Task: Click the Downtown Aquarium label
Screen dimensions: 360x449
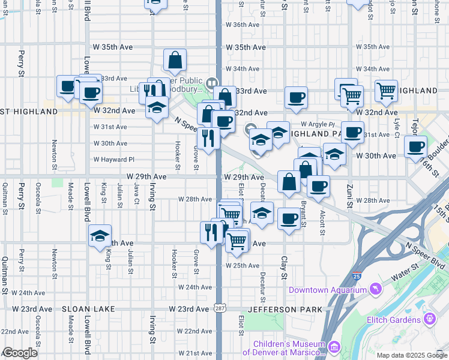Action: pos(327,290)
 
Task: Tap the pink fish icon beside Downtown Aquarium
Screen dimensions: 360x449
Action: pos(375,290)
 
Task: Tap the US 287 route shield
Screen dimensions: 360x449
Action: pos(220,308)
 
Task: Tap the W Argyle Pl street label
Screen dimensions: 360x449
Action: pos(318,124)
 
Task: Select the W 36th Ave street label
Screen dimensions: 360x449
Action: pos(242,25)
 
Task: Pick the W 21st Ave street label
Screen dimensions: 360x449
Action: pos(194,353)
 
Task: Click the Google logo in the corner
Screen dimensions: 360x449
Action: pos(20,353)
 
